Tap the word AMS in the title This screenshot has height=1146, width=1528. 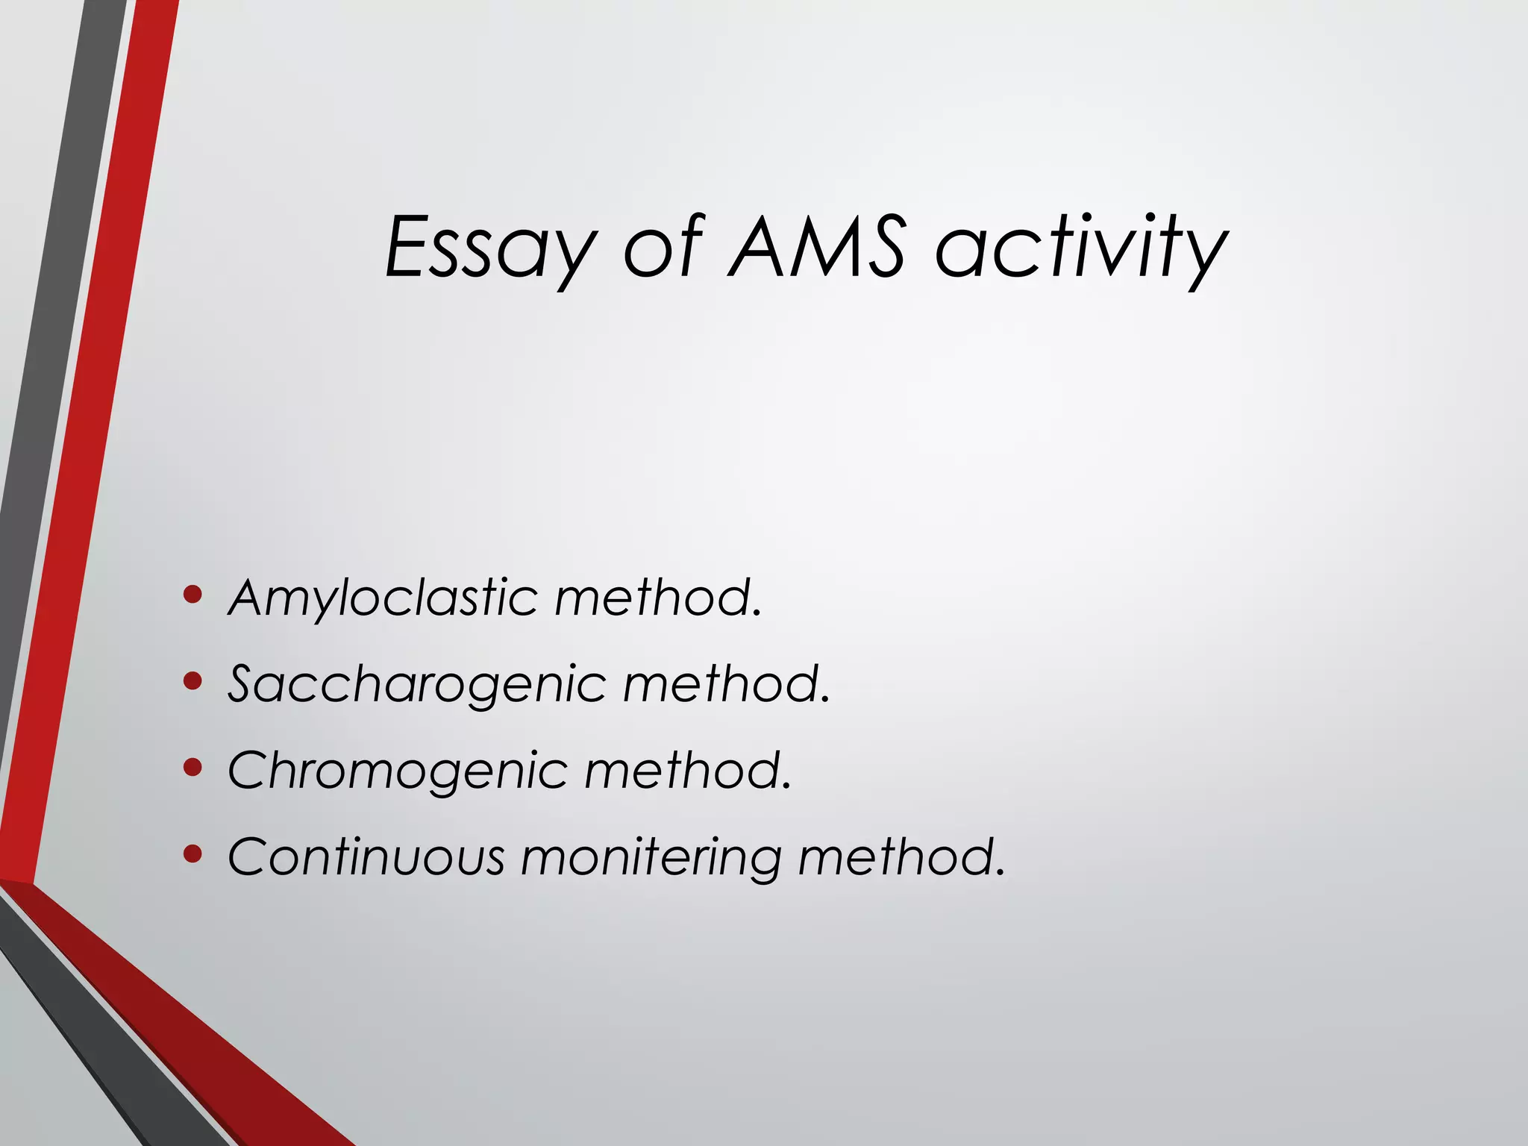click(x=817, y=246)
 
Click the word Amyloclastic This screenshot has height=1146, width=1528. click(x=382, y=598)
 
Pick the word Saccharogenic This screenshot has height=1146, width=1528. click(x=416, y=684)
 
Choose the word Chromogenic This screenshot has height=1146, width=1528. click(x=397, y=771)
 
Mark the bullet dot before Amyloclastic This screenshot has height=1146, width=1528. click(x=192, y=595)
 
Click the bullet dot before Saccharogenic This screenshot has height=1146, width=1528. click(x=192, y=681)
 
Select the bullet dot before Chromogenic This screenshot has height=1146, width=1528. click(x=192, y=768)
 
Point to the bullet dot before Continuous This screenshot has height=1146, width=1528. click(x=192, y=854)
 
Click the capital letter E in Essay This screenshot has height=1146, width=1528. click(x=409, y=246)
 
